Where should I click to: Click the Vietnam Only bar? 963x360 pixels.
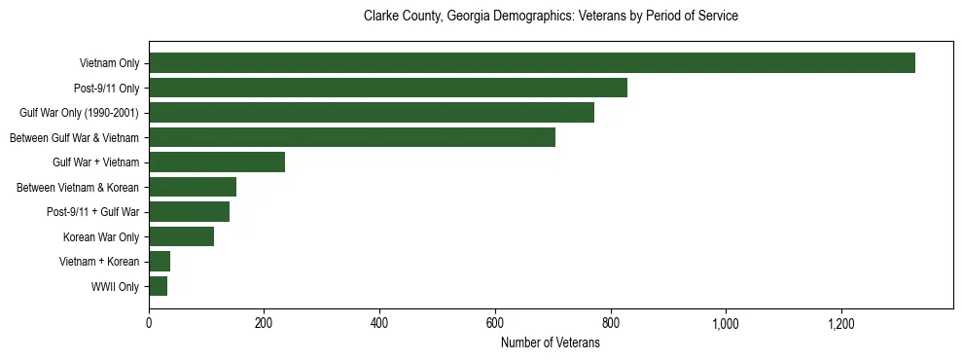click(531, 63)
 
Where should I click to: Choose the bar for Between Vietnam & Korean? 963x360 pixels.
click(192, 187)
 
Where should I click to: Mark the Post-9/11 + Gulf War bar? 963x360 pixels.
click(189, 212)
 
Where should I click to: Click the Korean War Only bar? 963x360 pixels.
click(181, 236)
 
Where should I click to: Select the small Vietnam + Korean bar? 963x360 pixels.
click(160, 262)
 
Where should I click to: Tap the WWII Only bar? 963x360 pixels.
click(158, 286)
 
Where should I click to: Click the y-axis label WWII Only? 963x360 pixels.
click(115, 287)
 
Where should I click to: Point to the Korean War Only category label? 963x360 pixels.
click(101, 237)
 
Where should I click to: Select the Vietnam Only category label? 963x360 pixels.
click(109, 64)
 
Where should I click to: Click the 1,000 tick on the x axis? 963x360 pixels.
click(726, 324)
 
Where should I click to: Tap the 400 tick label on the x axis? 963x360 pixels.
click(379, 324)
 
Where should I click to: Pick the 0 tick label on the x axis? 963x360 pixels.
click(149, 324)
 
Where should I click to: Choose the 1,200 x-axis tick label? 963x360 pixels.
click(840, 324)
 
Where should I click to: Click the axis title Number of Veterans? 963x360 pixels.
click(551, 343)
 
